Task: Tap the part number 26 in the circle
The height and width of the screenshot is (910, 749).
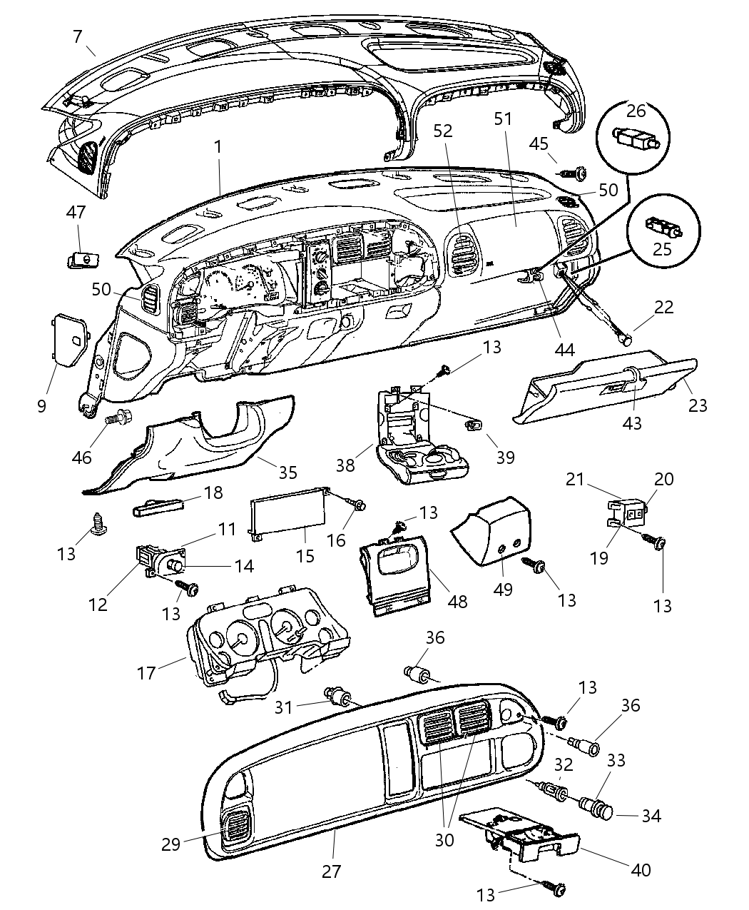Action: pyautogui.click(x=636, y=111)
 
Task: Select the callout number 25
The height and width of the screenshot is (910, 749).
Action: pyautogui.click(x=663, y=249)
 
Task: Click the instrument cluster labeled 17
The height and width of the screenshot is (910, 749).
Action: pyautogui.click(x=267, y=635)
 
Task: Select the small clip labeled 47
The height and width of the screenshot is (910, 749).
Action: pyautogui.click(x=82, y=260)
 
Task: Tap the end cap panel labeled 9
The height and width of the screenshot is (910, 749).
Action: pyautogui.click(x=71, y=340)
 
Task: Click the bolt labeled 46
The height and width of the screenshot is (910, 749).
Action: pyautogui.click(x=117, y=418)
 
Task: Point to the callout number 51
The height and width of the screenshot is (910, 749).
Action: pyautogui.click(x=504, y=118)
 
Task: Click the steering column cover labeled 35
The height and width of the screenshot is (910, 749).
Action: pyautogui.click(x=207, y=446)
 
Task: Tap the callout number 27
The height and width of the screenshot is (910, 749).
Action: pyautogui.click(x=332, y=871)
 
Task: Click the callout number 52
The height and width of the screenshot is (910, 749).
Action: pyautogui.click(x=443, y=131)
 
